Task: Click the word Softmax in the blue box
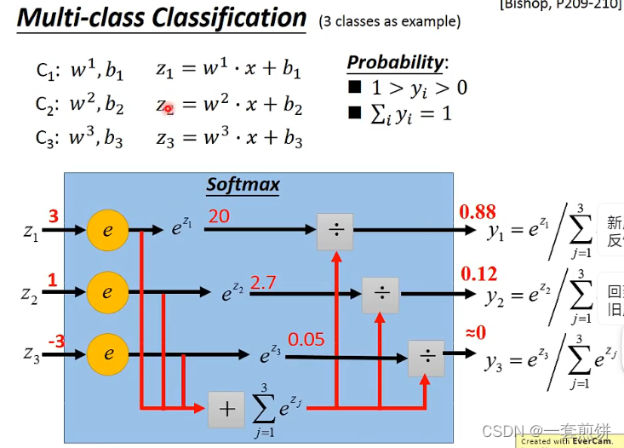(243, 185)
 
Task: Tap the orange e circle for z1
(107, 229)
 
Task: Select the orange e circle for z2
(107, 292)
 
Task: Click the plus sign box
(226, 409)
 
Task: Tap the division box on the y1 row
(335, 230)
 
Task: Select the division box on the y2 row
(381, 294)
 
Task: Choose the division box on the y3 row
(426, 358)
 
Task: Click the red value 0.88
(478, 212)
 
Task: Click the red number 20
(219, 216)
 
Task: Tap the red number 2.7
(263, 282)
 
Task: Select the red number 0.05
(306, 339)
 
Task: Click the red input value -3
(56, 341)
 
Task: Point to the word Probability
(395, 62)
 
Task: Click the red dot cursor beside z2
(169, 108)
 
